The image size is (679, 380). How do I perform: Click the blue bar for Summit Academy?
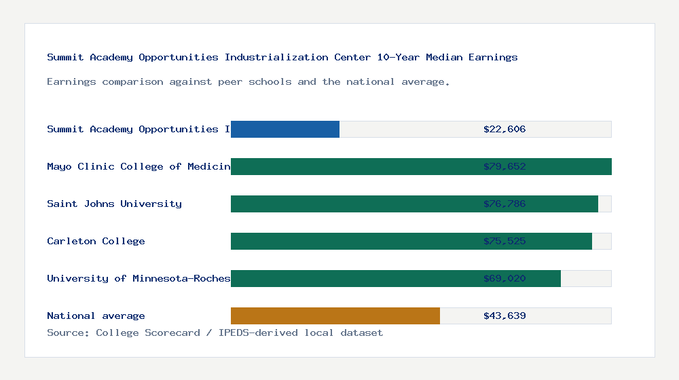pyautogui.click(x=285, y=129)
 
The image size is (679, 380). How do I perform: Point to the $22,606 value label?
pyautogui.click(x=504, y=129)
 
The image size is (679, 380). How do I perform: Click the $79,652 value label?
pyautogui.click(x=504, y=166)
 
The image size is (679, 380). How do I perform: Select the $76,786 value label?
pyautogui.click(x=504, y=204)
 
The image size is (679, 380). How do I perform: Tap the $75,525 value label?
pyautogui.click(x=504, y=241)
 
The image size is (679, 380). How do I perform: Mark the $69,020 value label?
pyautogui.click(x=504, y=278)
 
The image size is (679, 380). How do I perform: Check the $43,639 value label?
pyautogui.click(x=504, y=316)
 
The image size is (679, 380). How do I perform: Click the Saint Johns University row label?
pyautogui.click(x=114, y=204)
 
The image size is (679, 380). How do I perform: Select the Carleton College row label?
pyautogui.click(x=96, y=241)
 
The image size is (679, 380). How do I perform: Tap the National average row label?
pyautogui.click(x=96, y=316)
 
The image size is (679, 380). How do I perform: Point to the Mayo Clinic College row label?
pyautogui.click(x=139, y=166)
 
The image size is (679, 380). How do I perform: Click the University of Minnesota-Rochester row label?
pyautogui.click(x=139, y=278)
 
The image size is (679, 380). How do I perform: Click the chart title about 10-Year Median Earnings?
pyautogui.click(x=282, y=57)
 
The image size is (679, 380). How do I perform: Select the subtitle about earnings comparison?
pyautogui.click(x=249, y=81)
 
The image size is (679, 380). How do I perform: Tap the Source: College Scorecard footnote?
pyautogui.click(x=215, y=332)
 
